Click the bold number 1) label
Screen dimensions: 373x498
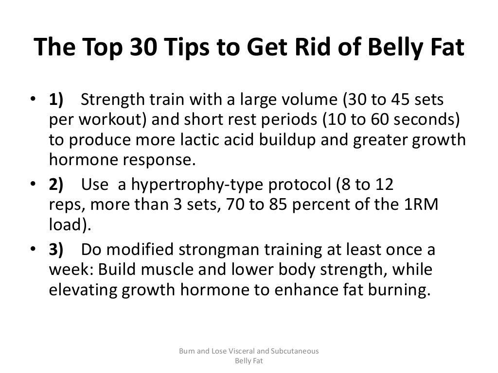point(56,100)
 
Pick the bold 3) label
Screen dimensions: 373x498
point(56,250)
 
